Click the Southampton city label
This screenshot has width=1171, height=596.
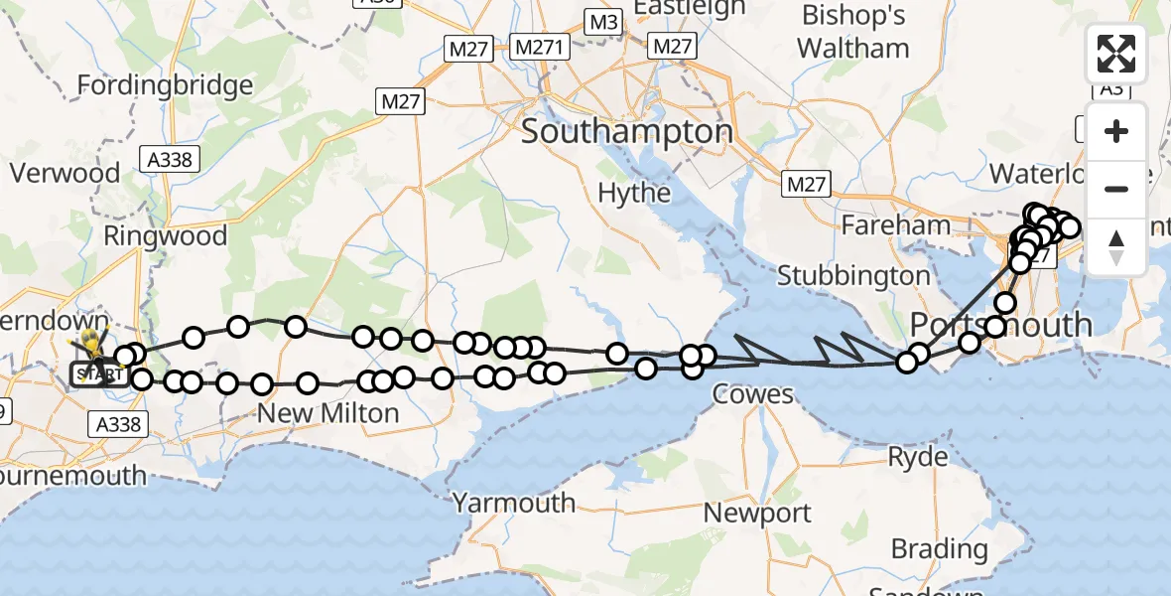(x=627, y=131)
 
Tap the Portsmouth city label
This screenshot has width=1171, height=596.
(x=1001, y=325)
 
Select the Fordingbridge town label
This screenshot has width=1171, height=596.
(x=165, y=85)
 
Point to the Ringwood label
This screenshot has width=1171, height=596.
(x=165, y=236)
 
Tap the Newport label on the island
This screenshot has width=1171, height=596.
(x=757, y=514)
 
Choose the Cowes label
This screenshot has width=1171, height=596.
(x=753, y=395)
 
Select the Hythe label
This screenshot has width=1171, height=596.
(x=635, y=192)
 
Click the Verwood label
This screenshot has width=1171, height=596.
(x=65, y=173)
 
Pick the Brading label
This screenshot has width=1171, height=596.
(x=939, y=548)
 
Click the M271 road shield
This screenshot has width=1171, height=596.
(x=538, y=46)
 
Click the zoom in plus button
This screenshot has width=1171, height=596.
(x=1116, y=132)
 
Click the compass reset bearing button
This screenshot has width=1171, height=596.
(x=1116, y=246)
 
